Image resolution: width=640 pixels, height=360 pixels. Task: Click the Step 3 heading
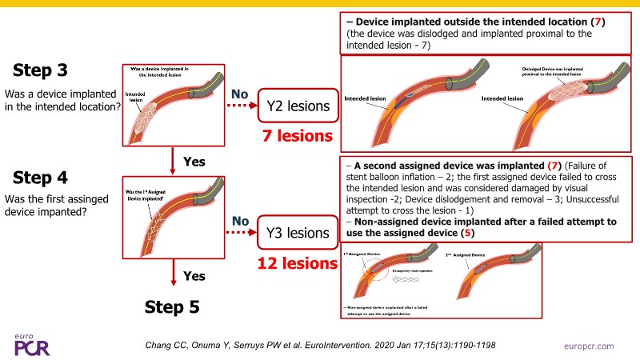40,70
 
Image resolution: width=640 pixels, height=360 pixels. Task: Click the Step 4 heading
40,178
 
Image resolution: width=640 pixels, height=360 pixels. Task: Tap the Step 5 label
177,306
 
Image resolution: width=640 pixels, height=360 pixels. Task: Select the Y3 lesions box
294,234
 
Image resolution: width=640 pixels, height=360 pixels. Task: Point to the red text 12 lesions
293,262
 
